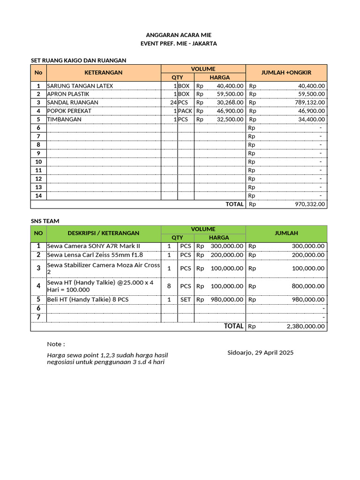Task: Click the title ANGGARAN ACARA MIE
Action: point(179,35)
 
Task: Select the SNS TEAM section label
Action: point(45,221)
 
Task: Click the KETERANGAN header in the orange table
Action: point(104,73)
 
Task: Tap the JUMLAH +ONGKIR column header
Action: point(286,73)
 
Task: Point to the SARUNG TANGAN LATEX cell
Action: point(80,86)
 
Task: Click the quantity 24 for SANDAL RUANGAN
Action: point(173,103)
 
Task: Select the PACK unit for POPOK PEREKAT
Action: point(185,111)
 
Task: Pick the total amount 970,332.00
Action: point(309,204)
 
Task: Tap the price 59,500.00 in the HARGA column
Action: point(230,94)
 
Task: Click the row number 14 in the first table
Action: point(38,195)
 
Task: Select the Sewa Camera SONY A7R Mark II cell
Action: point(93,246)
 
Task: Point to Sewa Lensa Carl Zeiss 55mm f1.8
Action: point(95,255)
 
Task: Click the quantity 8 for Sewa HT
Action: point(169,286)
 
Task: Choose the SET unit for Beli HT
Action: point(186,300)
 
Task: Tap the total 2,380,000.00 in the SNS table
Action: point(305,327)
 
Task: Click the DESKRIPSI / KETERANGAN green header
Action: point(104,233)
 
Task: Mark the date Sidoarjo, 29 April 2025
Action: point(260,352)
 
